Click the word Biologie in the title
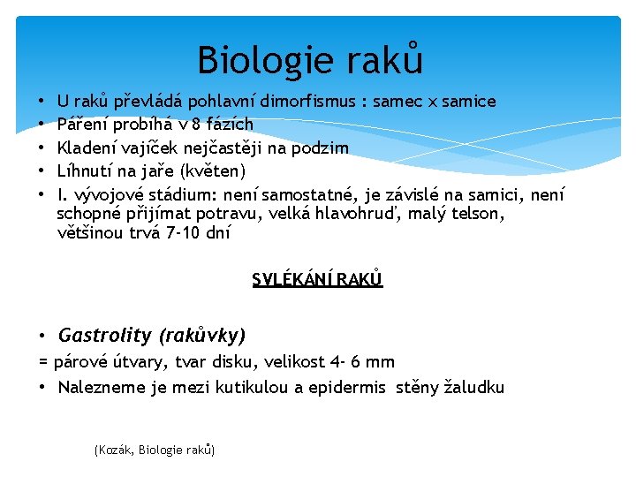click(x=251, y=61)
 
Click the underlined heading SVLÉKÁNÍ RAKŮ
click(x=317, y=280)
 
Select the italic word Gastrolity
click(x=105, y=335)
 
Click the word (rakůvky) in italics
click(x=201, y=335)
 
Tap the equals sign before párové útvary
click(x=43, y=361)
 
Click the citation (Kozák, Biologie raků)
click(x=154, y=450)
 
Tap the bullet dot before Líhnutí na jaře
click(x=42, y=170)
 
